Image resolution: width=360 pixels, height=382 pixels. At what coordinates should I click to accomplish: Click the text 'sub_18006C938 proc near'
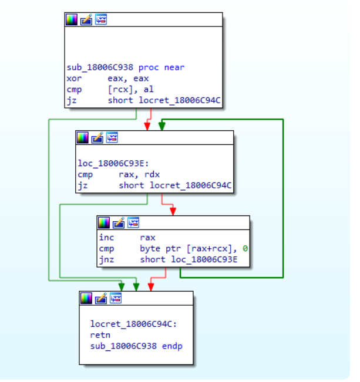125,67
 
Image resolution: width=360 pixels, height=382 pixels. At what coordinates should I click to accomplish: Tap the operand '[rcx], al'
130,90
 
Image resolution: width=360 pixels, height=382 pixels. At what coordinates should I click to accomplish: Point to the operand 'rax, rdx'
139,175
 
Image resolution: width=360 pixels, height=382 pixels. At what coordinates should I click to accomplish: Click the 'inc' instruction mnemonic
106,238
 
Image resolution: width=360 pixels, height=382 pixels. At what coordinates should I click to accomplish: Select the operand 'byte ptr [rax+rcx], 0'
193,249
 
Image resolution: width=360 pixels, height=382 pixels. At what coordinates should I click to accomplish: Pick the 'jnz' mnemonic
106,260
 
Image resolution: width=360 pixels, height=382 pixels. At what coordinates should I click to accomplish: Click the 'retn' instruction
100,334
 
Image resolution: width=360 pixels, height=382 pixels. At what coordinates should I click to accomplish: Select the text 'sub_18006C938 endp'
136,346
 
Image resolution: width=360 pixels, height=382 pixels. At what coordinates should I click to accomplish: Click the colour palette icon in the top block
71,19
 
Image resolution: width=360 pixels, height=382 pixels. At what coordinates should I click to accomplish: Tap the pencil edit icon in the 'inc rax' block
119,223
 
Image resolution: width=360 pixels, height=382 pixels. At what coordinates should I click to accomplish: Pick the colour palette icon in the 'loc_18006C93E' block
83,137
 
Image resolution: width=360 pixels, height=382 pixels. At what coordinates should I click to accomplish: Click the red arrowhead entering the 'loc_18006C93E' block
147,126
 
